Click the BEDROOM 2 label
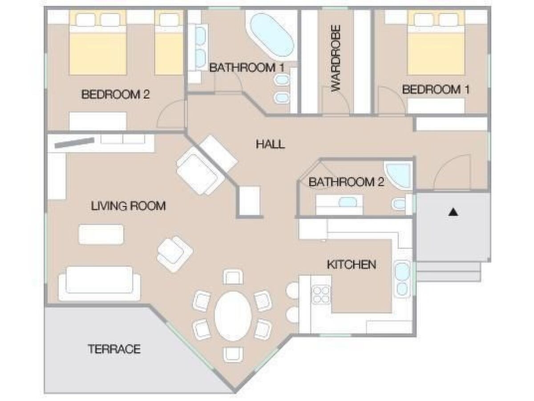pyautogui.click(x=115, y=94)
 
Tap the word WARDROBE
pyautogui.click(x=336, y=58)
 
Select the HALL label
pyautogui.click(x=270, y=144)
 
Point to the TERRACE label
pyautogui.click(x=114, y=349)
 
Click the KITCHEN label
pyautogui.click(x=352, y=265)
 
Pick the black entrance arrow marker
pyautogui.click(x=453, y=212)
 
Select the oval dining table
pyautogui.click(x=233, y=316)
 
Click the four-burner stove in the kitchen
pyautogui.click(x=321, y=295)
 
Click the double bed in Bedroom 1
pyautogui.click(x=436, y=43)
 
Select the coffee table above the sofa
pyautogui.click(x=101, y=234)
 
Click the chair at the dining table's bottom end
pyautogui.click(x=233, y=355)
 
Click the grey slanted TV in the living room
pyautogui.click(x=74, y=143)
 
